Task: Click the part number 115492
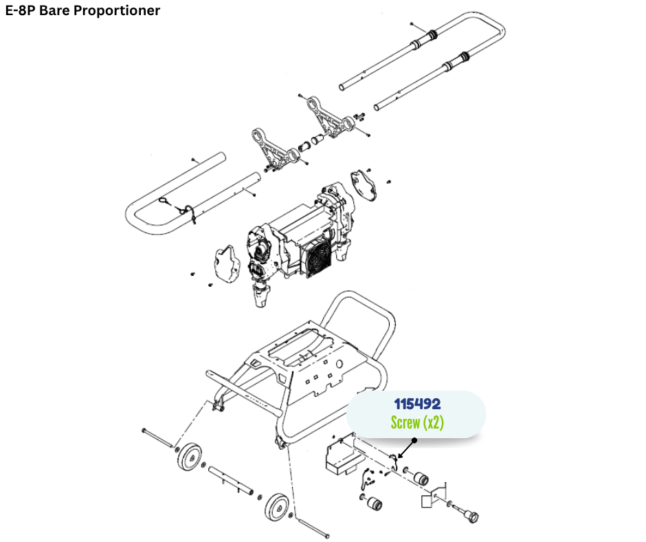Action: [x=416, y=404]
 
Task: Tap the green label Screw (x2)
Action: [x=416, y=422]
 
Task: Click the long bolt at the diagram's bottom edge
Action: [x=313, y=526]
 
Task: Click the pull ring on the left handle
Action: [x=165, y=202]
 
